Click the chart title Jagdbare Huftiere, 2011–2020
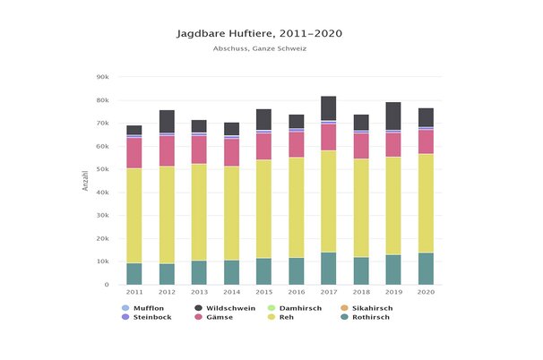(272, 33)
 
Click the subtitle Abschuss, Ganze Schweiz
(272, 48)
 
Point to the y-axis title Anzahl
(85, 181)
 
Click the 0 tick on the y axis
(107, 285)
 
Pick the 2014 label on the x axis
(231, 292)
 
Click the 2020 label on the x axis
(426, 292)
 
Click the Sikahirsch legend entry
(376, 308)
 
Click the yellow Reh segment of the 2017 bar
(329, 201)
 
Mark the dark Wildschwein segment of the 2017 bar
(329, 107)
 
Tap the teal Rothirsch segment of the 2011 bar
(134, 273)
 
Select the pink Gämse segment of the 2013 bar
(199, 150)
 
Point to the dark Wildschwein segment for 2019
(393, 116)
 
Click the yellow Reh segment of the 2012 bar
(167, 215)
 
